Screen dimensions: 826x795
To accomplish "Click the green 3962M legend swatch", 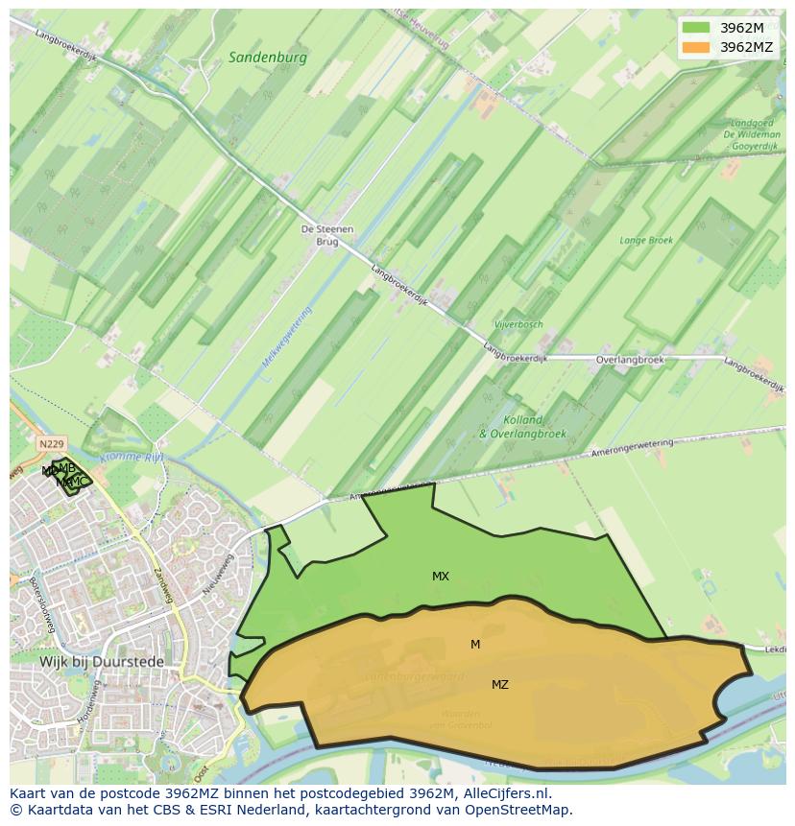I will tap(696, 27).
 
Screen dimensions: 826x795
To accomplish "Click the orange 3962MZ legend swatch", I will tap(696, 46).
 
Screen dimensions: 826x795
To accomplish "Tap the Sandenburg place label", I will tap(268, 58).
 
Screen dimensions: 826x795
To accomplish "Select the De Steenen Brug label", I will tap(327, 236).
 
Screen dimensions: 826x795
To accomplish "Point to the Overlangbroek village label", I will tap(629, 360).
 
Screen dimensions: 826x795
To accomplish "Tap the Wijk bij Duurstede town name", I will tap(102, 662).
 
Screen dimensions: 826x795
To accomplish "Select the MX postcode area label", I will tap(441, 577).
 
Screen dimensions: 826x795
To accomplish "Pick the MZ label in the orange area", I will tap(500, 685).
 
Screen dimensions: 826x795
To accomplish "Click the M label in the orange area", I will tap(475, 645).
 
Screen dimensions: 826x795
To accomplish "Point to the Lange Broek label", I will tap(646, 241).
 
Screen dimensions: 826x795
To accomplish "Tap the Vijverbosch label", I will tap(518, 325).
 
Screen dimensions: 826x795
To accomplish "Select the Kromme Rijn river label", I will tap(132, 459).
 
